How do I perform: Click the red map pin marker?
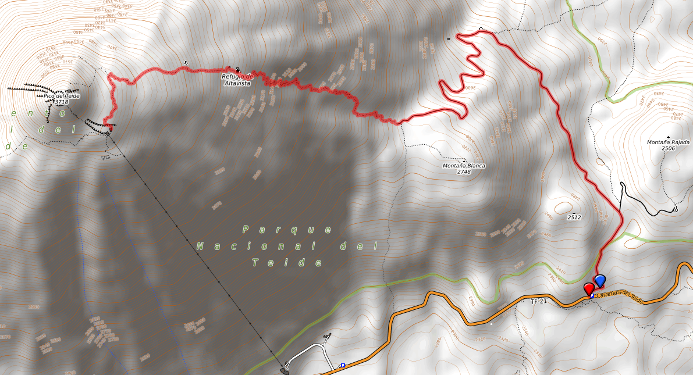tap(589, 288)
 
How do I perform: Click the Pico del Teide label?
tap(62, 96)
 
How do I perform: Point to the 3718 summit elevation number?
tap(61, 102)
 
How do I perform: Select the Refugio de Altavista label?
tap(237, 80)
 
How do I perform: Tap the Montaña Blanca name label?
tap(464, 166)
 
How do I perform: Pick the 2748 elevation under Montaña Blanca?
tap(464, 172)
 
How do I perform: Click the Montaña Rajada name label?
tap(668, 142)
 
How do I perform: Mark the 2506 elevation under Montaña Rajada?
tap(668, 149)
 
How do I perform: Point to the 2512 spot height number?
tap(575, 217)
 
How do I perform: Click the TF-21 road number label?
tap(539, 302)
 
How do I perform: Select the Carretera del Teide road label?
tap(620, 297)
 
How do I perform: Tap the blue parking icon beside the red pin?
tap(592, 296)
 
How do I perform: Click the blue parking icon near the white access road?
tap(343, 366)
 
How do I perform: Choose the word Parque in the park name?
tap(287, 230)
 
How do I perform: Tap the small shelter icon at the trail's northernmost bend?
tap(481, 28)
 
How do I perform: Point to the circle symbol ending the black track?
tap(676, 209)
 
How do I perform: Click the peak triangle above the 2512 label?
tap(574, 213)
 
